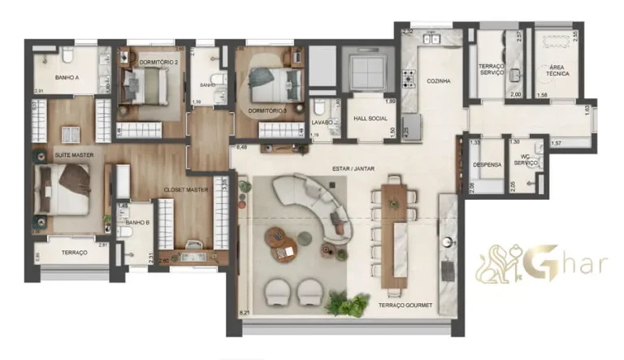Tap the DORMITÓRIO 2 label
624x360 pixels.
coord(158,63)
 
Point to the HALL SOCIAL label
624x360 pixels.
coord(369,119)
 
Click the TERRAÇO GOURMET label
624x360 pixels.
coord(405,306)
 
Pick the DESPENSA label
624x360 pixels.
coord(487,164)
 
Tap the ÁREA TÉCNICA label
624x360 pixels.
coord(558,70)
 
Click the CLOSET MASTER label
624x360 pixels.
coord(187,189)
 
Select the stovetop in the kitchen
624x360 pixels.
coord(409,79)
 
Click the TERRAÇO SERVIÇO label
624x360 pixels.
coord(492,70)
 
